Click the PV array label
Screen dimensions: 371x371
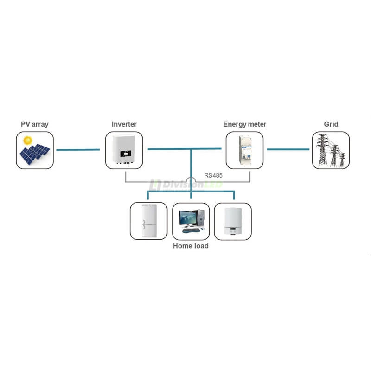point(35,124)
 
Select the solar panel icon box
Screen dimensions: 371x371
point(35,150)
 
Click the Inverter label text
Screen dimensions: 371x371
point(124,124)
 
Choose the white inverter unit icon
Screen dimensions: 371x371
point(124,149)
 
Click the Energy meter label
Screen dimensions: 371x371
point(244,124)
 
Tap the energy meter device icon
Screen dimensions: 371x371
point(244,149)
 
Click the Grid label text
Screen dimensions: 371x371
point(331,124)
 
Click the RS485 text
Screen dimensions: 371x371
point(213,176)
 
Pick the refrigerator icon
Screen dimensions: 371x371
point(148,221)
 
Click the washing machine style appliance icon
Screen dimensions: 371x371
point(232,221)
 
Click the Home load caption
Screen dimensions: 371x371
point(191,246)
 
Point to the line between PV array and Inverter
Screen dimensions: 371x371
point(78,149)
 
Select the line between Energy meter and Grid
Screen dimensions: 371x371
point(288,149)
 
